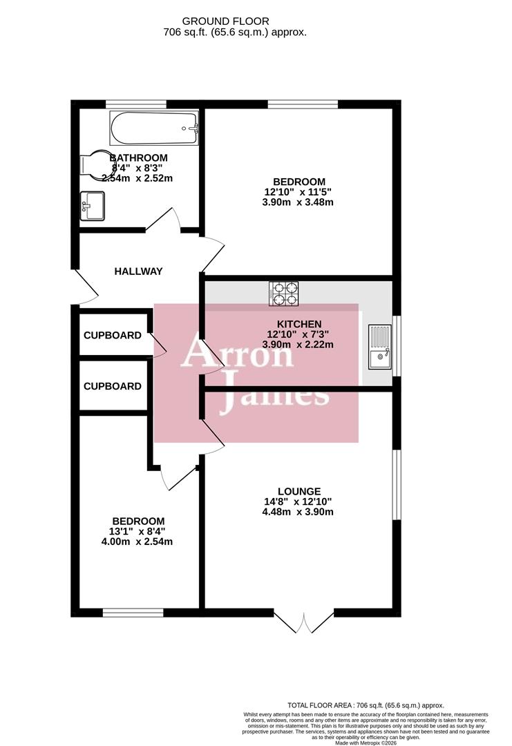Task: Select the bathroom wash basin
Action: pyautogui.click(x=93, y=206)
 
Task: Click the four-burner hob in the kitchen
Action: pyautogui.click(x=284, y=293)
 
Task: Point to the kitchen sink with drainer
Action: pyautogui.click(x=379, y=347)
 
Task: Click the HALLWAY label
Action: pyautogui.click(x=138, y=271)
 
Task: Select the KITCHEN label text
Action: pyautogui.click(x=299, y=324)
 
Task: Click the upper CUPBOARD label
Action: pyautogui.click(x=113, y=336)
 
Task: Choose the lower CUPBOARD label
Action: pyautogui.click(x=113, y=387)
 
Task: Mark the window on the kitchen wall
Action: pyautogui.click(x=396, y=345)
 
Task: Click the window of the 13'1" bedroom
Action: pyautogui.click(x=133, y=612)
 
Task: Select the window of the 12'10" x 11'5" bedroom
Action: pyautogui.click(x=303, y=104)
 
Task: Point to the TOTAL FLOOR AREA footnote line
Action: pyautogui.click(x=366, y=705)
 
